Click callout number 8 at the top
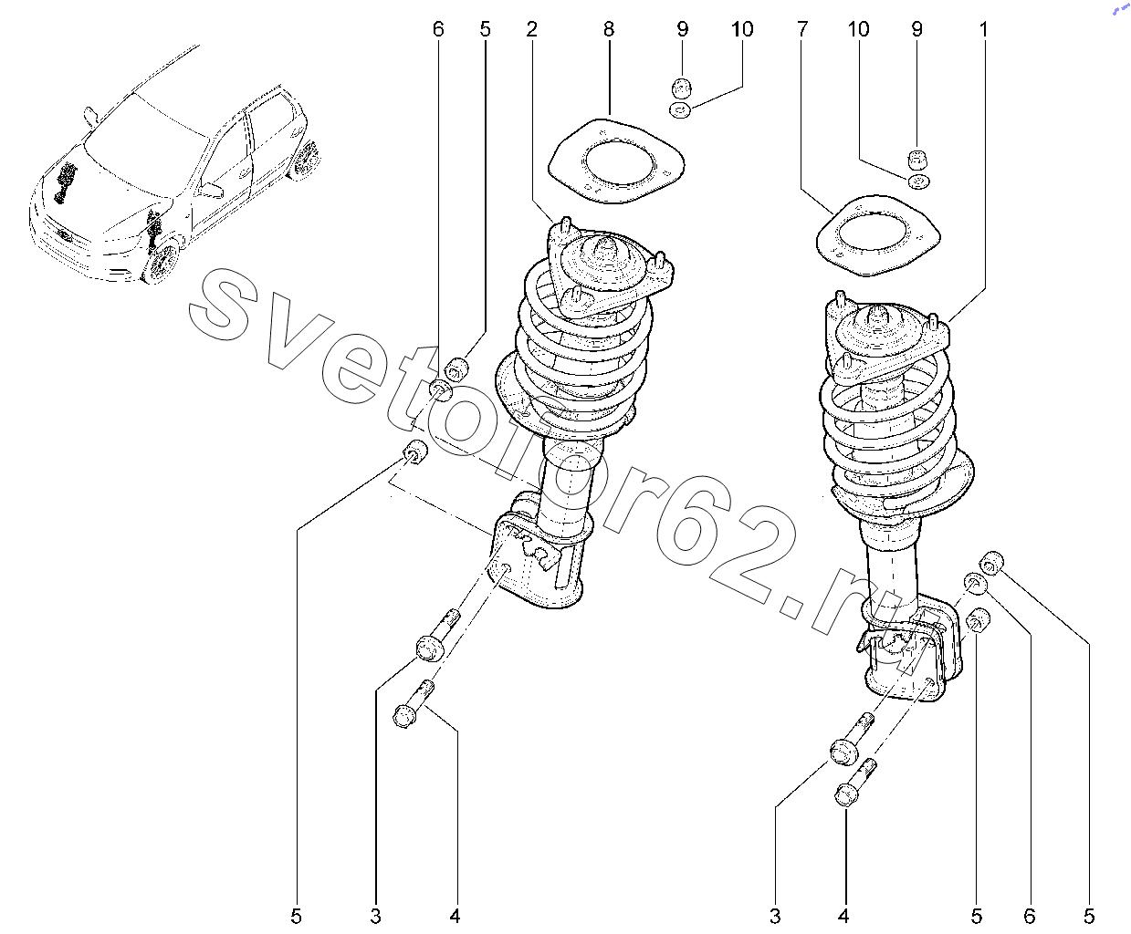click(608, 29)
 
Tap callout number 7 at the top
click(801, 29)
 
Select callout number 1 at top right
click(983, 29)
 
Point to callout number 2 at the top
click(531, 29)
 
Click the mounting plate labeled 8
click(616, 161)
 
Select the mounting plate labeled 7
click(878, 236)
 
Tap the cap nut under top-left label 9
click(681, 88)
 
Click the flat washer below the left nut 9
click(680, 110)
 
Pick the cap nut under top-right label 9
click(916, 161)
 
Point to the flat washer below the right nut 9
click(916, 182)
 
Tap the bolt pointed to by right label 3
click(852, 740)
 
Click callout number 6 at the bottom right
click(1029, 916)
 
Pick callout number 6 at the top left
click(438, 29)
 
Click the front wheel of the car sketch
click(163, 263)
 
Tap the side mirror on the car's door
click(212, 190)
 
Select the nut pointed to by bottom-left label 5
click(415, 452)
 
